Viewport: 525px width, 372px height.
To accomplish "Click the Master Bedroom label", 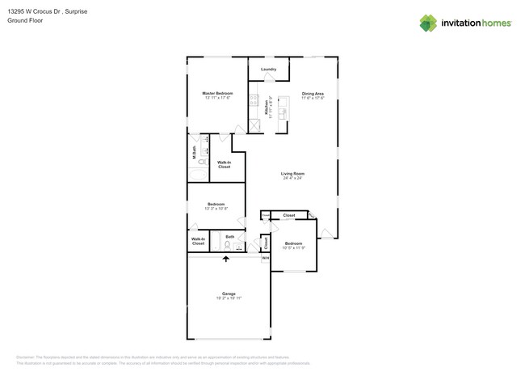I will (216, 94).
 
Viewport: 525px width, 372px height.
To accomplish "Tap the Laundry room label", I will (269, 70).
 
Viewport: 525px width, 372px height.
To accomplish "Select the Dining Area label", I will (313, 94).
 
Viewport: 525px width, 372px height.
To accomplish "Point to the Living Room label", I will (292, 174).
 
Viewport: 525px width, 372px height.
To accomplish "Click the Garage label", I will (229, 294).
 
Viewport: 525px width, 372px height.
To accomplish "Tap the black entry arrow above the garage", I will (226, 259).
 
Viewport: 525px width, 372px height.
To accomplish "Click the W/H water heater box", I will (264, 258).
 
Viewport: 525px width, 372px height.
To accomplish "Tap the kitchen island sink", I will (283, 114).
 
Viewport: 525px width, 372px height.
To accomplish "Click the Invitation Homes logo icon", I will (428, 23).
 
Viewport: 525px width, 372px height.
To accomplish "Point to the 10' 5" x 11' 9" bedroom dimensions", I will (293, 248).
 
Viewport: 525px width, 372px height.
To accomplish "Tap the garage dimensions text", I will (229, 298).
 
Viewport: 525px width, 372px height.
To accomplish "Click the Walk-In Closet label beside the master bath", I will (224, 164).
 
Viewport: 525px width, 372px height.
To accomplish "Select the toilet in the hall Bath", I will (228, 244).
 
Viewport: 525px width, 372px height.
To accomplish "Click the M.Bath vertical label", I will (194, 151).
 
